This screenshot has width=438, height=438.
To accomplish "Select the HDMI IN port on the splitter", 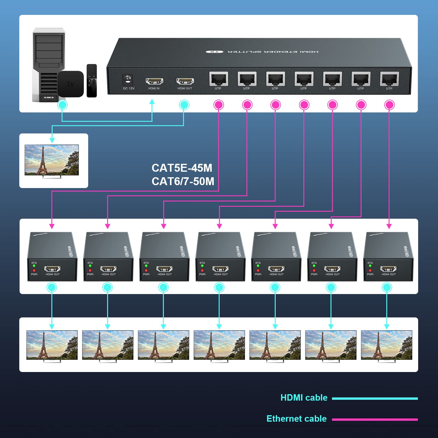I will [154, 81].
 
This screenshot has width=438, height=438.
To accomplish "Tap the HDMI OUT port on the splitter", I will [185, 81].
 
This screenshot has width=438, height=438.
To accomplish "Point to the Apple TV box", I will [70, 84].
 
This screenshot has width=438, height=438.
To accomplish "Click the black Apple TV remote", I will [92, 80].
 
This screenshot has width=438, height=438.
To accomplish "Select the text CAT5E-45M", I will [182, 168].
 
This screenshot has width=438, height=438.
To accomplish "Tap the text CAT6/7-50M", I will [183, 181].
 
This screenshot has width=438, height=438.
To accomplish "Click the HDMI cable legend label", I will [304, 398].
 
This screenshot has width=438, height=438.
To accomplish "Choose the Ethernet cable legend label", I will [296, 419].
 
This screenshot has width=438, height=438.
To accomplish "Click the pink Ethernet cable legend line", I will [375, 420].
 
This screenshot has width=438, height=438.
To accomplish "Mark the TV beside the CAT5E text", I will [52, 160].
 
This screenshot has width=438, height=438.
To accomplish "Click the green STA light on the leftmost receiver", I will [34, 266].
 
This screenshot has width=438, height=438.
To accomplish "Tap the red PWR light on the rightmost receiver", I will [370, 271].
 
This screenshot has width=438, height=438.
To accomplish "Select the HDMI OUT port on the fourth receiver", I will [220, 269].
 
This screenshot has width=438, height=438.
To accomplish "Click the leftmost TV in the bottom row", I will [52, 345].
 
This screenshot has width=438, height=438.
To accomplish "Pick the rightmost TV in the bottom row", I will [386, 345].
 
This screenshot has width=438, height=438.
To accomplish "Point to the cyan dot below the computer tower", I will [62, 105].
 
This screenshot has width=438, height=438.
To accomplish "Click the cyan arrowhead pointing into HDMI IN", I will [152, 102].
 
